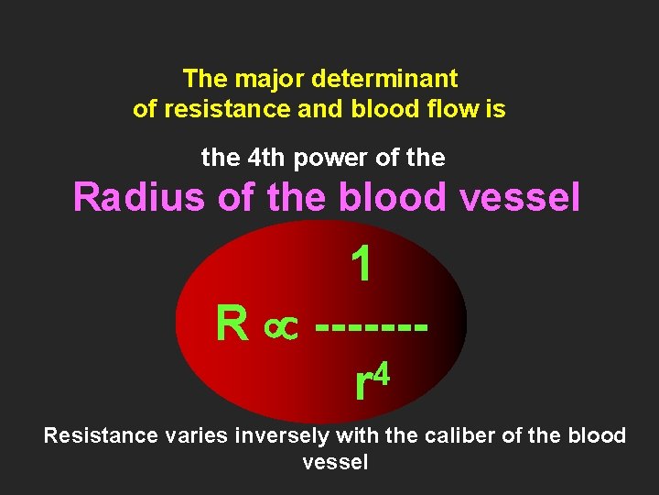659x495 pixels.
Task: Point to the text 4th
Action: (271, 158)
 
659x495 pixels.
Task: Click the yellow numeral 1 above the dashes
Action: (362, 265)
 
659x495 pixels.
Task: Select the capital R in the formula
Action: (232, 324)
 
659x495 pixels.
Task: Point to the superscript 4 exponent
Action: (384, 374)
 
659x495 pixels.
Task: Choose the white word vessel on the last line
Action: (335, 462)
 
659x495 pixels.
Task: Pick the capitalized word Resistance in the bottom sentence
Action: (101, 434)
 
